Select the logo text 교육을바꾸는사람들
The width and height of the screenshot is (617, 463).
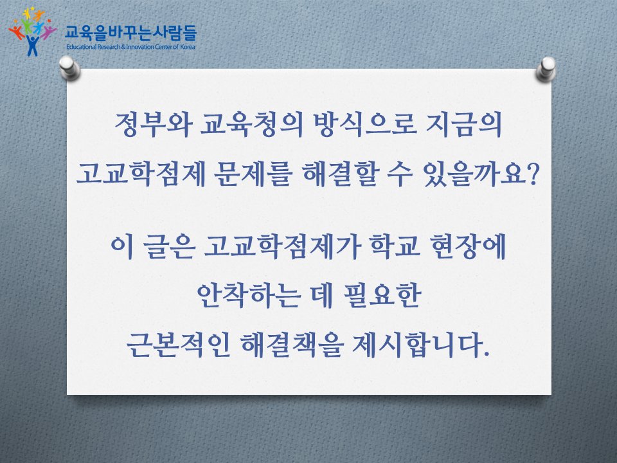[x=131, y=30]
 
